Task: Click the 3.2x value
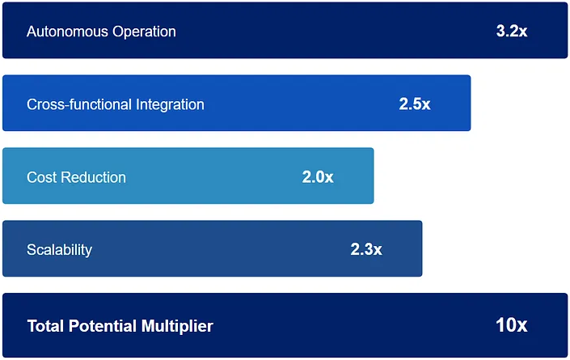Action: tap(511, 32)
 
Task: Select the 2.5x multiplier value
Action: tap(414, 104)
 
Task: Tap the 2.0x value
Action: tap(317, 177)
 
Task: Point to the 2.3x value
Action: tap(365, 250)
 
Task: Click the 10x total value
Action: tap(511, 325)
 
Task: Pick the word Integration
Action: tap(169, 104)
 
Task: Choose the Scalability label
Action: tap(59, 250)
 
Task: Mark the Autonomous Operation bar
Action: tap(323, 30)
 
